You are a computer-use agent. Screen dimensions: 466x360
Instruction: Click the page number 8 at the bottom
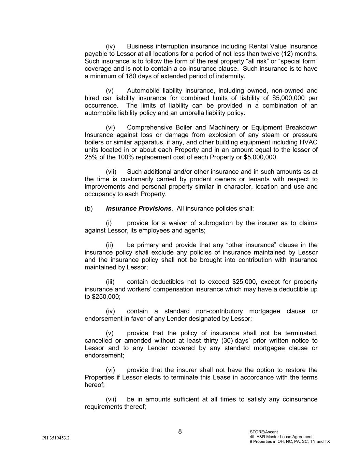point(180,432)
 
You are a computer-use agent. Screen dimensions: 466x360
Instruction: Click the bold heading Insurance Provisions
point(139,209)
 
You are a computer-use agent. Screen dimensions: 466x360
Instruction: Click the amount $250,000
point(106,297)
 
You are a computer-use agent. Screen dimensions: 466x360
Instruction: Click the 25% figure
point(91,157)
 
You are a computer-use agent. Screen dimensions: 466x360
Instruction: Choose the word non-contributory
point(219,311)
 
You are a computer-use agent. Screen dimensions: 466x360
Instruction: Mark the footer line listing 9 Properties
point(290,441)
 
